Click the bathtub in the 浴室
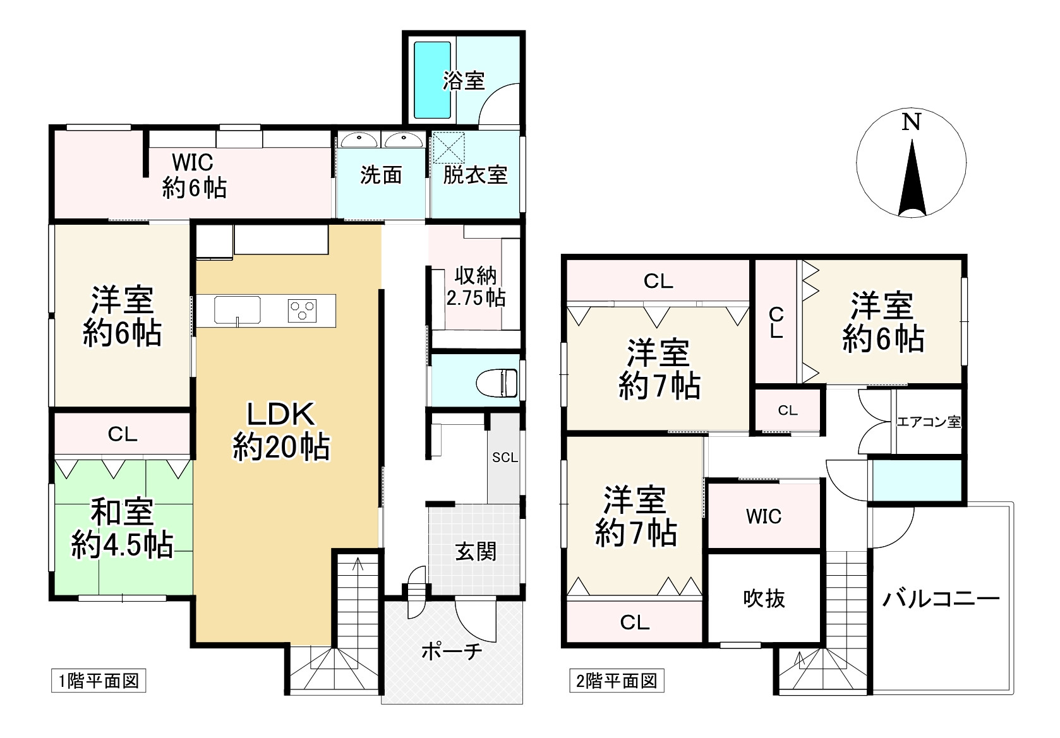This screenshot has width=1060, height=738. (432, 80)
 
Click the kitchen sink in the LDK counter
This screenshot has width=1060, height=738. (237, 310)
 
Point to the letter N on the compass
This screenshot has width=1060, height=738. (910, 122)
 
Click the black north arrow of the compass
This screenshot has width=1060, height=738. (912, 180)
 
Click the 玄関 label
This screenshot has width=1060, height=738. (476, 552)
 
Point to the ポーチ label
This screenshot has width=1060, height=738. (452, 651)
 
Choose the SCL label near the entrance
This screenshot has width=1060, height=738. (505, 458)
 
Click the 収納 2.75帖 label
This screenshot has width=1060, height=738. (476, 287)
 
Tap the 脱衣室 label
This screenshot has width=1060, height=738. (475, 175)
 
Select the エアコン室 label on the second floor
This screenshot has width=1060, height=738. (929, 421)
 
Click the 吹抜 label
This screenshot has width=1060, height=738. (764, 598)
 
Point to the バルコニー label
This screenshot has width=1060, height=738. (941, 598)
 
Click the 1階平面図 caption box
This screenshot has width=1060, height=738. (99, 681)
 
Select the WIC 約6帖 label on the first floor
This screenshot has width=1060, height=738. (193, 175)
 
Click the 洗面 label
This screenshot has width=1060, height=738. (381, 175)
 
